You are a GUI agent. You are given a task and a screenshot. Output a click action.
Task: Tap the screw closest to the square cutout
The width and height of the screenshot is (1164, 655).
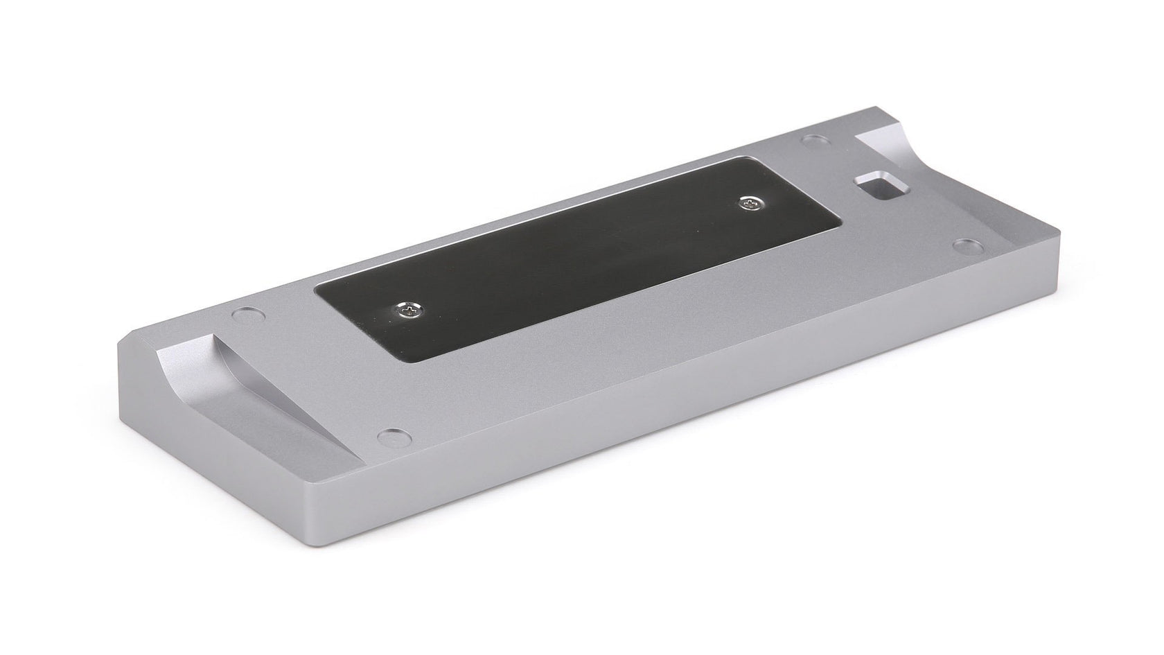(748, 204)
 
